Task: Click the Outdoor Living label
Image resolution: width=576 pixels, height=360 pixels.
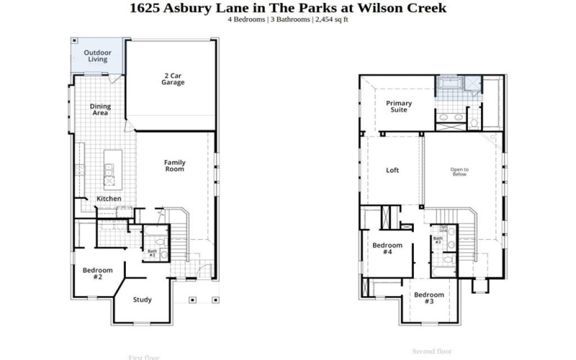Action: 98,56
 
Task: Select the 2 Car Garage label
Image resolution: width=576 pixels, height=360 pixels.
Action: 173,78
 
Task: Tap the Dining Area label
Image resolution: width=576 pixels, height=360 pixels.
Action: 100,109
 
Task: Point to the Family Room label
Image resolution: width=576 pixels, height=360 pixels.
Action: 174,166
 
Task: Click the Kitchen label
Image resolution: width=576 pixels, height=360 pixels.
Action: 109,199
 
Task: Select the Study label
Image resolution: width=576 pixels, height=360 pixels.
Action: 143,300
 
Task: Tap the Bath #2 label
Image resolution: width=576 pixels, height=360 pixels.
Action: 152,253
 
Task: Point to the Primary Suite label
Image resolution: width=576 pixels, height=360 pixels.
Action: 399,107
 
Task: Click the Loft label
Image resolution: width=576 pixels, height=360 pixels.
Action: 392,171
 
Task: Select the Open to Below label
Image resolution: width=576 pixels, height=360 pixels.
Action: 459,172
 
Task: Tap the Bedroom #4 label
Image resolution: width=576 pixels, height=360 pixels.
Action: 387,248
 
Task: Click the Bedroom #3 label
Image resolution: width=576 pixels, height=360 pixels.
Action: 428,298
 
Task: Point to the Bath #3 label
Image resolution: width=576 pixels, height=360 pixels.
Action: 438,240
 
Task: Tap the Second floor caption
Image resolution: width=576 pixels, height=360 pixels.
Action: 431,351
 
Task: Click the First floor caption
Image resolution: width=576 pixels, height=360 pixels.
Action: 144,357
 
